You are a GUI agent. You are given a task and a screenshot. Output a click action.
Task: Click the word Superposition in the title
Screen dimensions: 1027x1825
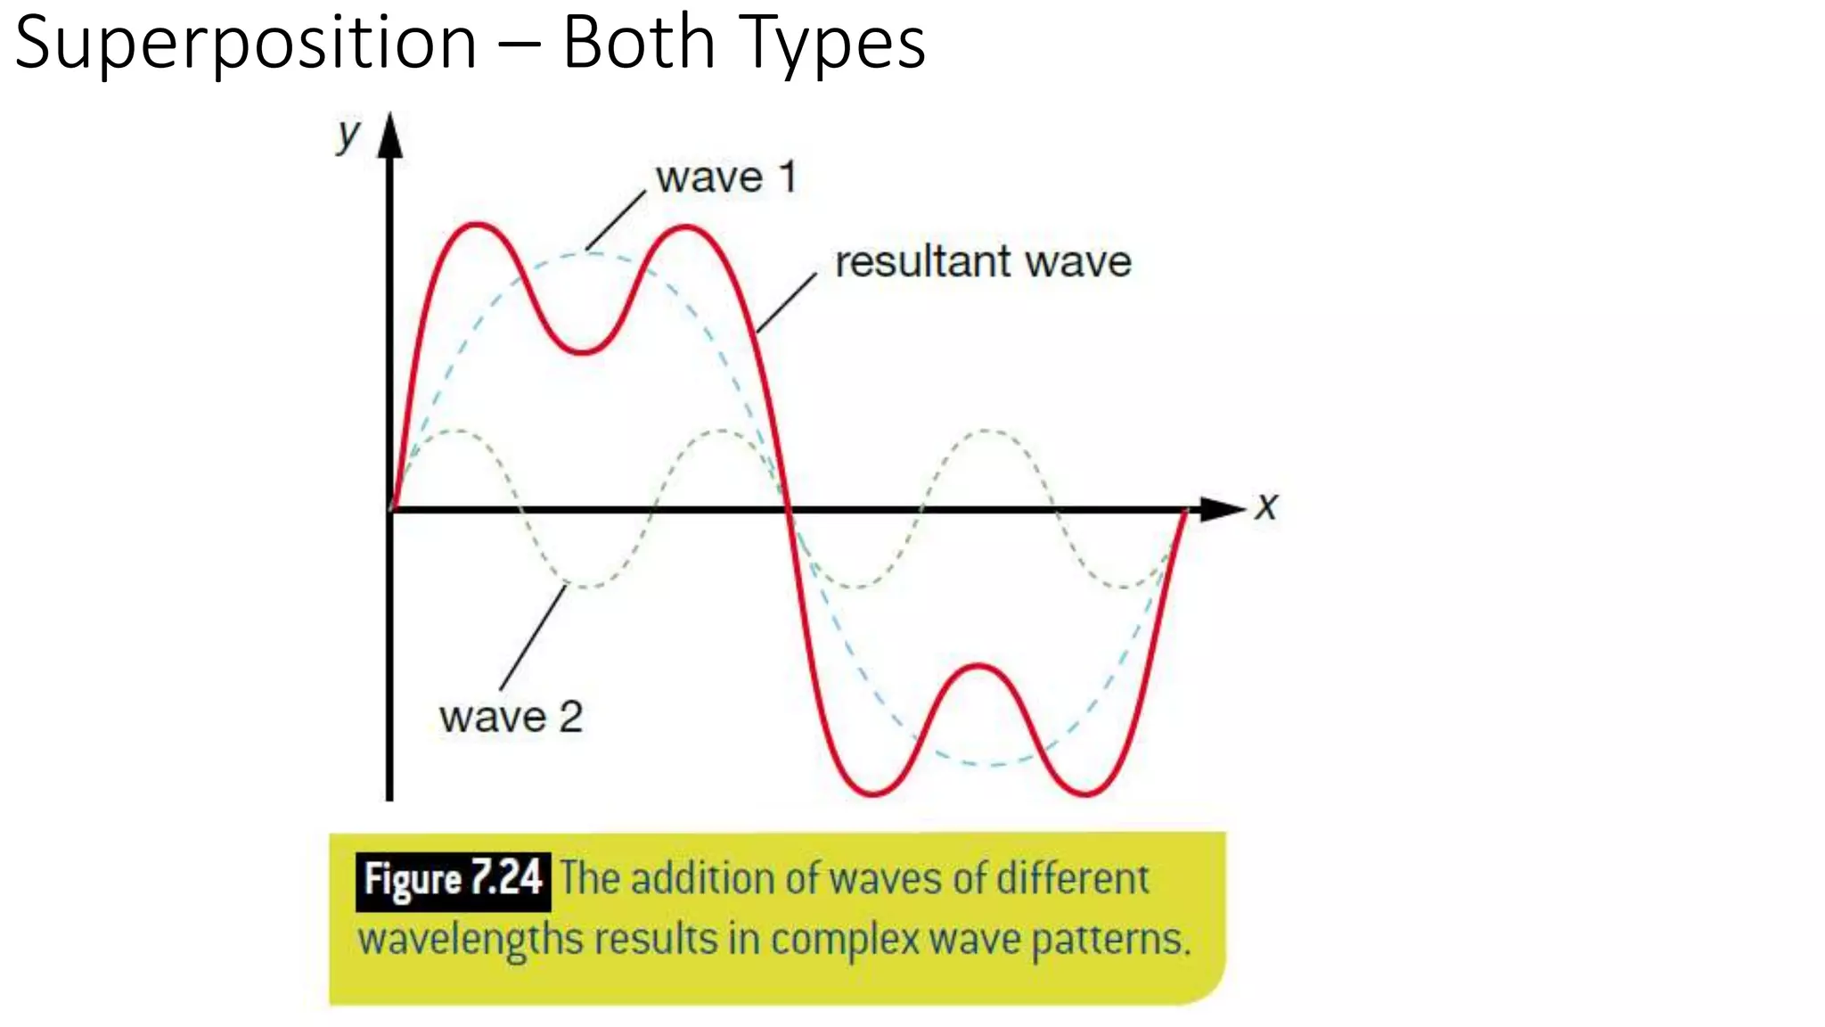[x=246, y=45]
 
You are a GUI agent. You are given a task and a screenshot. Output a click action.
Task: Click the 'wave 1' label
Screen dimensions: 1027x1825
[x=725, y=177]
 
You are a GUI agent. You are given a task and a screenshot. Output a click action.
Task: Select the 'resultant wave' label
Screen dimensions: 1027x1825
[x=982, y=262]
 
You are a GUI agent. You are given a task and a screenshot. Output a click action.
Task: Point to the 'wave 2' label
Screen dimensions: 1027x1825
[x=511, y=717]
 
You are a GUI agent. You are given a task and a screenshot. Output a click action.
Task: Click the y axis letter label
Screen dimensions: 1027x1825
[x=348, y=136]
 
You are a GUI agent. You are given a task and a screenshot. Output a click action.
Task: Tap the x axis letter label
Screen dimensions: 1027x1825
[x=1266, y=506]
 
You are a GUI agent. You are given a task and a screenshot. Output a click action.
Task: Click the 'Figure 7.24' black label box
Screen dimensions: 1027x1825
[x=453, y=881]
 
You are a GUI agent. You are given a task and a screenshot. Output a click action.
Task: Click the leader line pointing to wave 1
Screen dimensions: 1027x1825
[x=616, y=220]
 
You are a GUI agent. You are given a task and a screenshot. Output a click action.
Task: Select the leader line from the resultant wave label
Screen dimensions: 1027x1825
[x=786, y=303]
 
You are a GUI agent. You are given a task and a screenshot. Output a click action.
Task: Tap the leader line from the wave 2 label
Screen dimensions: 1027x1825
[x=533, y=637]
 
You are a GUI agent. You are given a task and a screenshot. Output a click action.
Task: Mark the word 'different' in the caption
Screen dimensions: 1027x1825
[x=1072, y=879]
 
